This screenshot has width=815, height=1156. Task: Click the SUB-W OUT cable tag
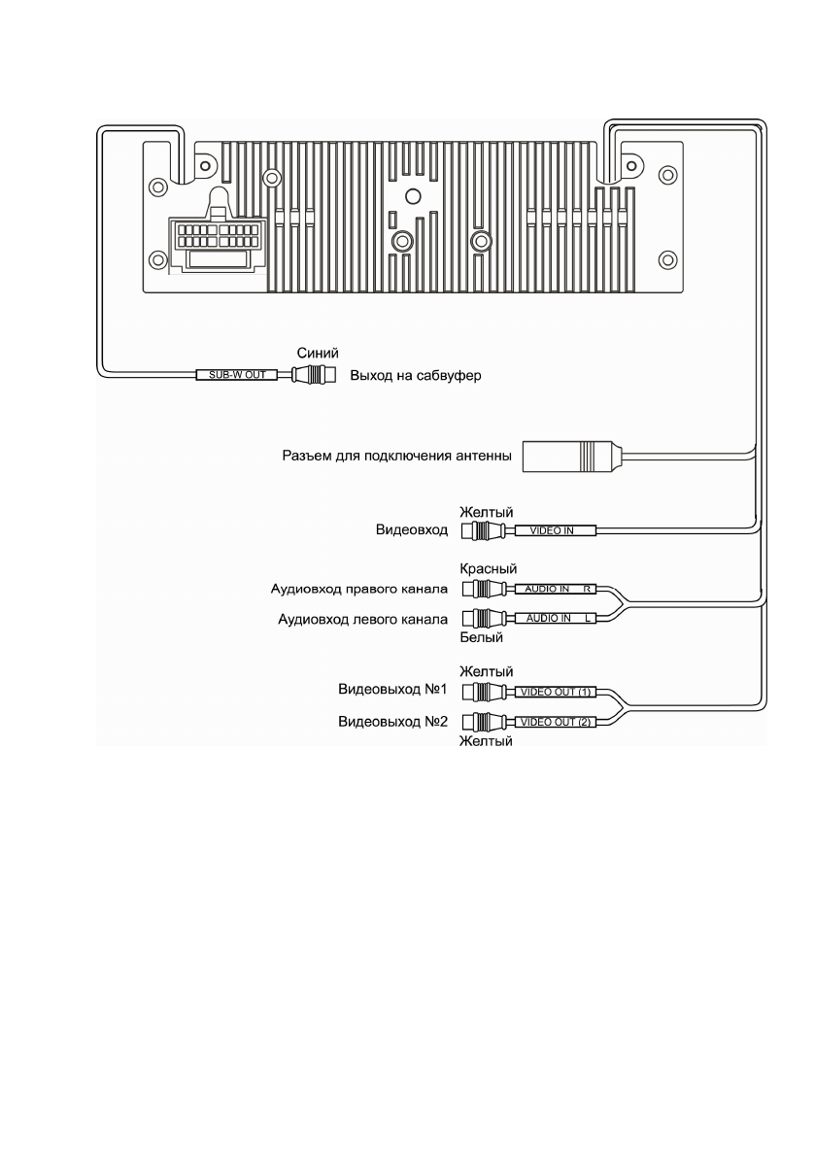point(237,374)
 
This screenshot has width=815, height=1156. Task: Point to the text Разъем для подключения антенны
point(396,455)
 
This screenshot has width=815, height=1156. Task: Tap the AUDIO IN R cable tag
point(558,589)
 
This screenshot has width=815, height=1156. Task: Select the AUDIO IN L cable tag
point(558,617)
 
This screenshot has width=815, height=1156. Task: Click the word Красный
point(488,569)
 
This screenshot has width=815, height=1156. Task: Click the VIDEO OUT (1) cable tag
point(557,693)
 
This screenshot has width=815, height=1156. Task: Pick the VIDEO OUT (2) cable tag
point(557,722)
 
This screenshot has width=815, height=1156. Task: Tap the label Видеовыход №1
point(392,693)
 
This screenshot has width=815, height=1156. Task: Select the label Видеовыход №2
point(392,722)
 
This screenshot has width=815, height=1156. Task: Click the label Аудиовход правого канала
point(360,589)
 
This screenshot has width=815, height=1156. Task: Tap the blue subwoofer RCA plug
point(314,375)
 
